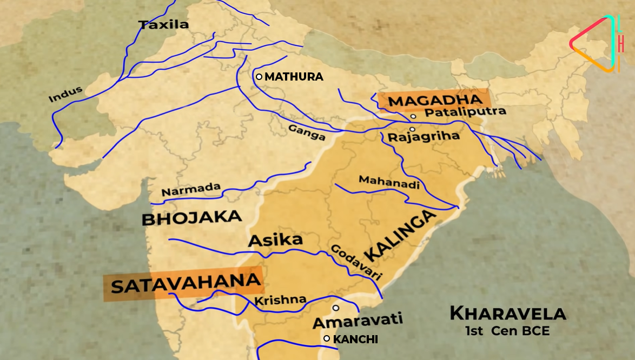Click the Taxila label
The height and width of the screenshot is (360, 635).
(x=163, y=24)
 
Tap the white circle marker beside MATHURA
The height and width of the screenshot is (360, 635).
(x=259, y=77)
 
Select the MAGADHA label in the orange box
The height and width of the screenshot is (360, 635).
(x=435, y=101)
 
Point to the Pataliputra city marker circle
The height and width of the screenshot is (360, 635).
(x=413, y=116)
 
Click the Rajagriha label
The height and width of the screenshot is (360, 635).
(x=424, y=137)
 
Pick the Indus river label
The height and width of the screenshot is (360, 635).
(x=65, y=94)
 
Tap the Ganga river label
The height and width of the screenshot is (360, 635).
(x=307, y=132)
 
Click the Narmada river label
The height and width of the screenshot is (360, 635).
(x=191, y=190)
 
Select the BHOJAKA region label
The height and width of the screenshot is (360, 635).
(x=191, y=218)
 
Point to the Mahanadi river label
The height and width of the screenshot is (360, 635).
(x=389, y=182)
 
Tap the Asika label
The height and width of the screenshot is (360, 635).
(x=275, y=241)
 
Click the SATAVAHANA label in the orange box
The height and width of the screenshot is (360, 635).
(x=183, y=283)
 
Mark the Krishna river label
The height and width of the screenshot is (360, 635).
(x=280, y=300)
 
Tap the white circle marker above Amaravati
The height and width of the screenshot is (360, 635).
(x=335, y=308)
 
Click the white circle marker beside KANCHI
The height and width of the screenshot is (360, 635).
(x=327, y=338)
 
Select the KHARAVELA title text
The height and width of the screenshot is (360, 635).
(x=507, y=313)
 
